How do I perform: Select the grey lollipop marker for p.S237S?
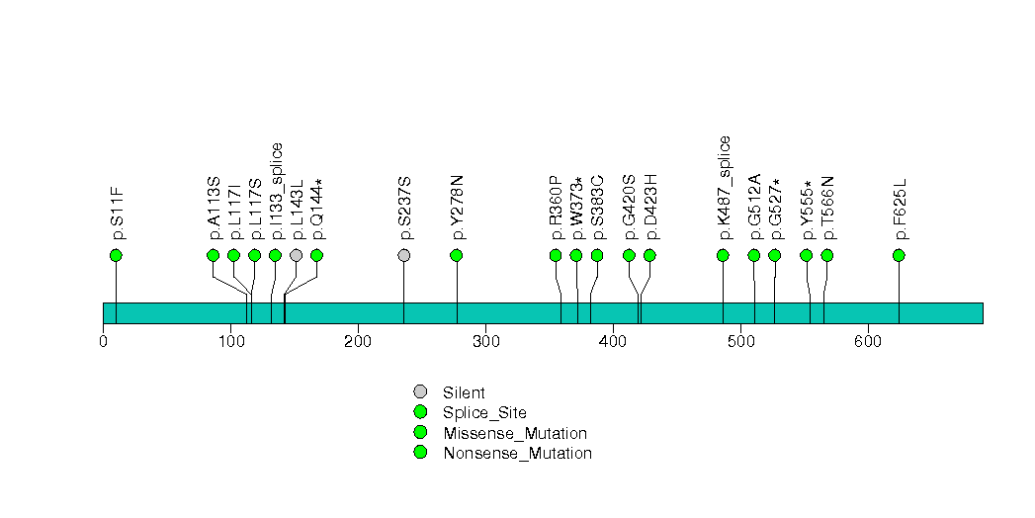pos(403,255)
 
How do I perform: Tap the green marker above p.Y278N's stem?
pos(457,255)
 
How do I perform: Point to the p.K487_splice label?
pos(725,188)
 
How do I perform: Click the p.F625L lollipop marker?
pos(899,255)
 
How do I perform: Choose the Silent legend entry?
pos(464,392)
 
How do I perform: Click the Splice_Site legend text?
pos(484,413)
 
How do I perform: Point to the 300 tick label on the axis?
pos(485,342)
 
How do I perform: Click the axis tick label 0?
pos(104,342)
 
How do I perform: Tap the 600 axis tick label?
pos(868,342)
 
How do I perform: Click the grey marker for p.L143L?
pos(296,255)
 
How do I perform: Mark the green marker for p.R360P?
pos(556,255)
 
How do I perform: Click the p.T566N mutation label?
pos(828,208)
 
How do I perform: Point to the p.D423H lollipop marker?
pos(649,255)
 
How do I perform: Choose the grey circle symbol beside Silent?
pos(420,392)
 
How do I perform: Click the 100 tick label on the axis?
pos(230,342)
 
